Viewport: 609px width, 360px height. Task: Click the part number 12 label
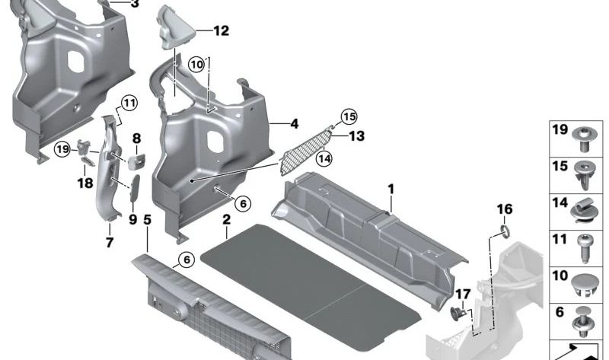tap(221, 30)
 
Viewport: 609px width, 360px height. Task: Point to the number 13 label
tap(356, 136)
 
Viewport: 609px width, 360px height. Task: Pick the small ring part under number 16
tap(504, 231)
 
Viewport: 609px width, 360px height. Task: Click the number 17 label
tap(463, 295)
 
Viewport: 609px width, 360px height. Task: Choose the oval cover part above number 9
tap(135, 188)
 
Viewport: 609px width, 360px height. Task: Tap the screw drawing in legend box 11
tap(584, 248)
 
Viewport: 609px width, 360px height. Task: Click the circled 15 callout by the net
tap(349, 117)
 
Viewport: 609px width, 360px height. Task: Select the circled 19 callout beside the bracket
tap(62, 149)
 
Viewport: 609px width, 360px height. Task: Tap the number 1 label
tap(391, 189)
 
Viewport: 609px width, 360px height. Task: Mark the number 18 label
tap(85, 183)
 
